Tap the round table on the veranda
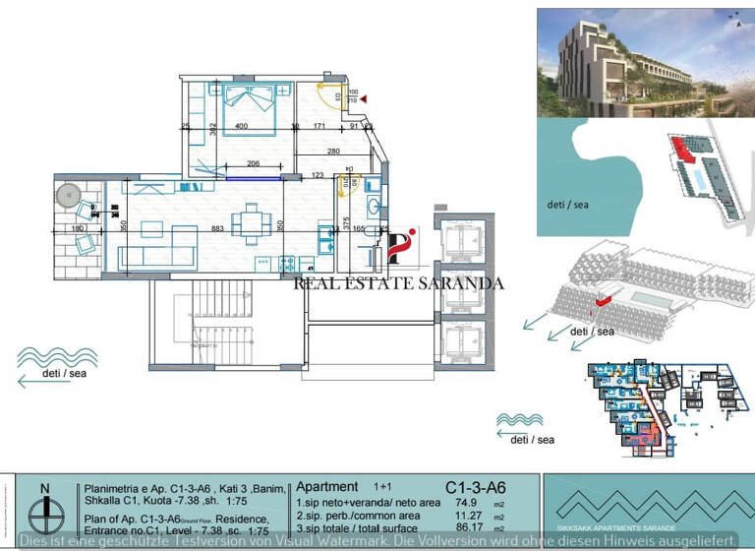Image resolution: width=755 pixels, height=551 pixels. coord(69,194)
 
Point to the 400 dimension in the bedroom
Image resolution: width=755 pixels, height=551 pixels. coord(242,127)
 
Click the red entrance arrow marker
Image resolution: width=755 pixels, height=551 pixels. coord(364,99)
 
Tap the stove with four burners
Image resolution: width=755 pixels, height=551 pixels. coord(288,264)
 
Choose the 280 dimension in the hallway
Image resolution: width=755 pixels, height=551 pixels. coord(333,151)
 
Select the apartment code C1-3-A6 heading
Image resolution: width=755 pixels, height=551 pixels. coord(475,487)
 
